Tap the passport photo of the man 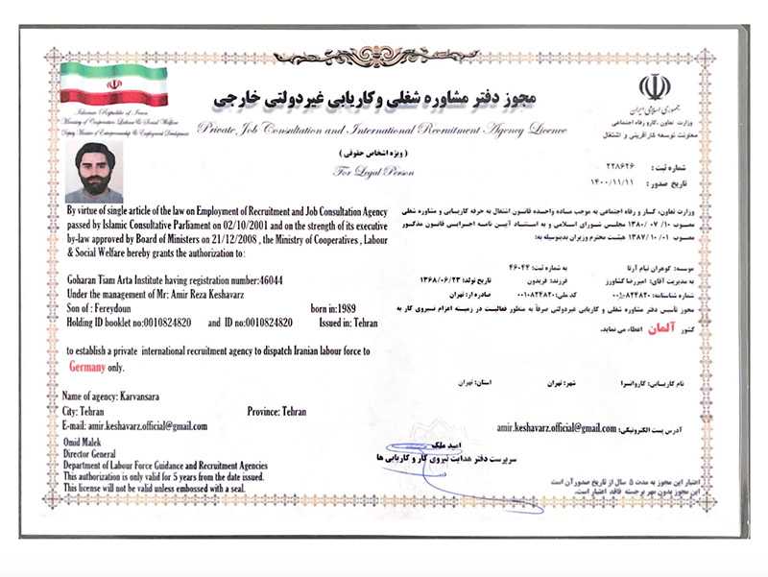click(x=93, y=173)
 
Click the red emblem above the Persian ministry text click(x=655, y=87)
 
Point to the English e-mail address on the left click(x=134, y=425)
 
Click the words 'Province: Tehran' click(x=276, y=411)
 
